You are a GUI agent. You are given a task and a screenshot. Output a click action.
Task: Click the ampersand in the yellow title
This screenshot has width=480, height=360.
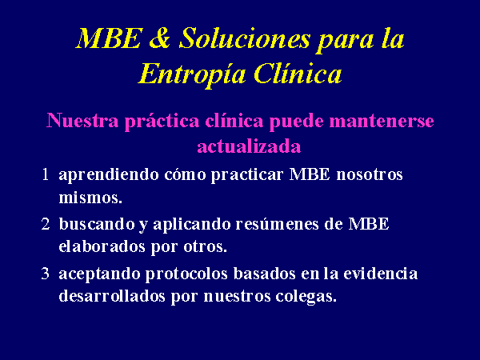160,38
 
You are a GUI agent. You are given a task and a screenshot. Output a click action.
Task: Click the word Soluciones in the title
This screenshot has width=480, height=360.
245,38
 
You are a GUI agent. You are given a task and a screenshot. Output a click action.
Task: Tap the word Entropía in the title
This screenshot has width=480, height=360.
192,74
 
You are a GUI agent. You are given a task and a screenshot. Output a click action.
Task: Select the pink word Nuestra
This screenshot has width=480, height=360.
82,120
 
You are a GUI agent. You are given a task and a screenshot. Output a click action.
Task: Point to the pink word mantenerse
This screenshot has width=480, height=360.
382,120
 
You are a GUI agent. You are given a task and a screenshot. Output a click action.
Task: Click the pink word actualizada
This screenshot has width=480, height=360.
249,146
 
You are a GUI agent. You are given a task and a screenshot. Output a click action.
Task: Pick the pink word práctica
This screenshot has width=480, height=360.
162,121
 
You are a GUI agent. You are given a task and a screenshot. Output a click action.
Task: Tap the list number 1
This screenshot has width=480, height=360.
46,174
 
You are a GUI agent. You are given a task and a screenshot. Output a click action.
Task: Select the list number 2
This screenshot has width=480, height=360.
46,224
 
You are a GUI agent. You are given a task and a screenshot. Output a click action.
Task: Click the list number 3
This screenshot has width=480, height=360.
46,274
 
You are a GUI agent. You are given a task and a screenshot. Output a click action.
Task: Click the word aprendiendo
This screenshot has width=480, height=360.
109,175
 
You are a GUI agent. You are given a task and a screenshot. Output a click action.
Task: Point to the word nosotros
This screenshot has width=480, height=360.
370,174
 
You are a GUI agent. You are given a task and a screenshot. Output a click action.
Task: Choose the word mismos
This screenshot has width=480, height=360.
90,198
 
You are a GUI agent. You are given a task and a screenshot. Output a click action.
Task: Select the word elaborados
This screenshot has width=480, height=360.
102,246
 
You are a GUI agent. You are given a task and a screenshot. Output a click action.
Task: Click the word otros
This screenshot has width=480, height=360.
205,247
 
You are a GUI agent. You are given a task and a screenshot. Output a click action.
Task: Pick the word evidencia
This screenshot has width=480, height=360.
381,273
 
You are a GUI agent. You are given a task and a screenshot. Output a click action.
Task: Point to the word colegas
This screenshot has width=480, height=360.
306,296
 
